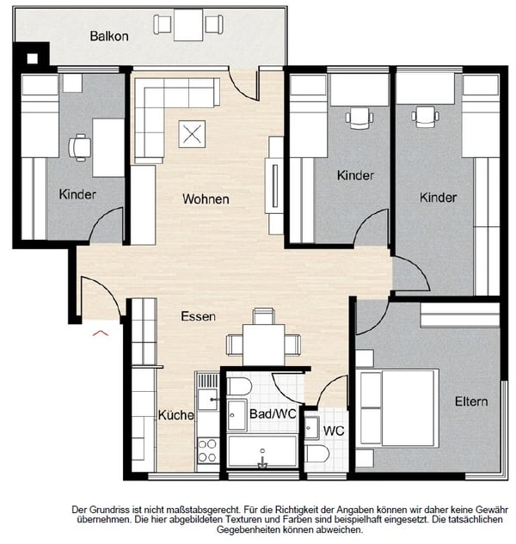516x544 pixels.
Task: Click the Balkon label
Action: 109,36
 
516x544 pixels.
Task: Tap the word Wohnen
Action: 206,199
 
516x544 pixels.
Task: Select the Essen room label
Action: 199,316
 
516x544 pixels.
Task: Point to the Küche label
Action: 175,415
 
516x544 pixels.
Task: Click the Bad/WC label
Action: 273,413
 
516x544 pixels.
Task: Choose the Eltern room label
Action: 471,401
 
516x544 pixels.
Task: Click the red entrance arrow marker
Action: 101,333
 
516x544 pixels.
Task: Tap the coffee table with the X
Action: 192,134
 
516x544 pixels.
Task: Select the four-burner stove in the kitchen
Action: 207,450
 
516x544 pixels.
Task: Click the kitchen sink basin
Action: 207,400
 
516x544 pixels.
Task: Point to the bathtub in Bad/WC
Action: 262,451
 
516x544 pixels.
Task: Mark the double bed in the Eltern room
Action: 398,407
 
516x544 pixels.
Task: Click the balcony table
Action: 188,25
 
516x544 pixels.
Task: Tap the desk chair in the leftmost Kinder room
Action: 79,148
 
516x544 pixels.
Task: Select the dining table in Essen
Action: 263,345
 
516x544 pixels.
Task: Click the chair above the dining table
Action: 263,316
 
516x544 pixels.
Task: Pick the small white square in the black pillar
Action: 33,58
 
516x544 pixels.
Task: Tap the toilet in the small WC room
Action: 317,454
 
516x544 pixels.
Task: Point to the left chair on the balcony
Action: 163,24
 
